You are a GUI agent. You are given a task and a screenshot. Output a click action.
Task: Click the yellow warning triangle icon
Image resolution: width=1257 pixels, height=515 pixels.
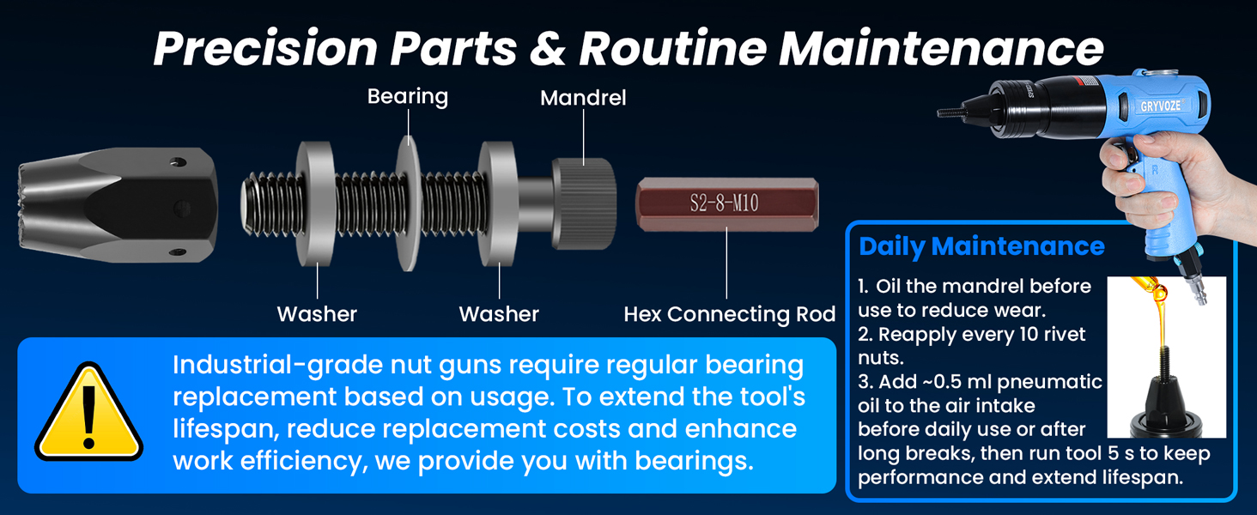click(88, 414)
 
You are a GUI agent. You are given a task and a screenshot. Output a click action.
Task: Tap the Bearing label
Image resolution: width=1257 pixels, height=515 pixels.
click(408, 96)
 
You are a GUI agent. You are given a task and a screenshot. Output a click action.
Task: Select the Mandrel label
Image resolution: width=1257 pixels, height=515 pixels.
click(583, 98)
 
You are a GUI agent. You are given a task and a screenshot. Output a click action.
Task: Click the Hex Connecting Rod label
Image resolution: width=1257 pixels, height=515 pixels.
click(730, 314)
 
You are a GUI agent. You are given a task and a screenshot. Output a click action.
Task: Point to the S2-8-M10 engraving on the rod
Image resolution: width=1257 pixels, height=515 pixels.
click(725, 203)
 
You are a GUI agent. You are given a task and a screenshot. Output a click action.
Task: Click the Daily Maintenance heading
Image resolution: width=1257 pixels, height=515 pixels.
click(981, 246)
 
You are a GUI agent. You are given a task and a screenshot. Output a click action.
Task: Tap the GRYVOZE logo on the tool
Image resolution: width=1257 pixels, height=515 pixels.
click(1161, 106)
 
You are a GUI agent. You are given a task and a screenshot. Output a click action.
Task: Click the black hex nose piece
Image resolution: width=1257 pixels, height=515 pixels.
click(118, 205)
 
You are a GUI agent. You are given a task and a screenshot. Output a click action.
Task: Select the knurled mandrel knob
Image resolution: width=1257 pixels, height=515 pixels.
click(584, 203)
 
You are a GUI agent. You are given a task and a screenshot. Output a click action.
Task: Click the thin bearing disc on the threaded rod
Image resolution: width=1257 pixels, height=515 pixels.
click(408, 204)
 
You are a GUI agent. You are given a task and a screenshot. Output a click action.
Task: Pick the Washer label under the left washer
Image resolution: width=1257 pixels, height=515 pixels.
click(317, 314)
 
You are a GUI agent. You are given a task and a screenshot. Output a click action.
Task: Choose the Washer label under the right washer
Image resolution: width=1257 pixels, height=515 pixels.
click(499, 314)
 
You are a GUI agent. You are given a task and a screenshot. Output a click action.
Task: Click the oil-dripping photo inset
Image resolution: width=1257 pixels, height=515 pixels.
click(1166, 357)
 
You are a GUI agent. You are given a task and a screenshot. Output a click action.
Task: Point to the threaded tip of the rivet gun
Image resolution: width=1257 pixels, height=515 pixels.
click(950, 112)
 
